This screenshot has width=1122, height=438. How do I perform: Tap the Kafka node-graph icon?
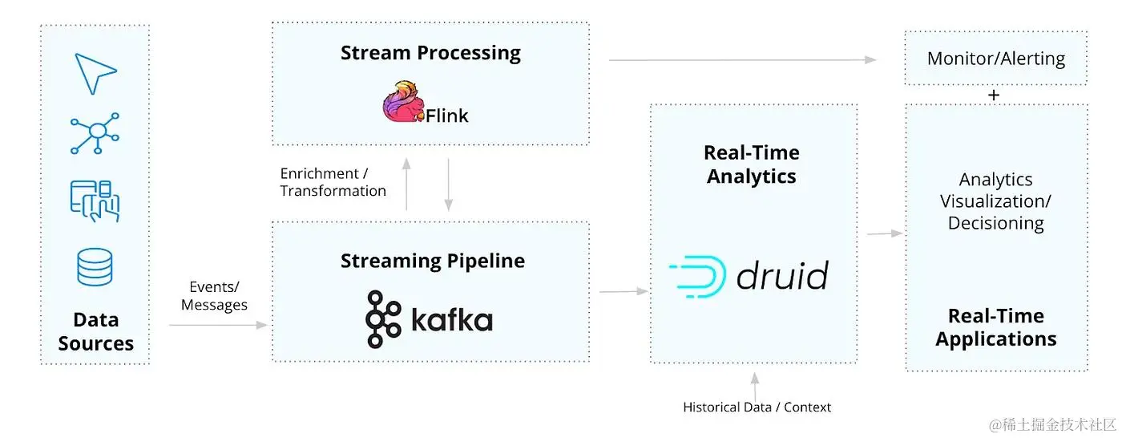click(x=383, y=319)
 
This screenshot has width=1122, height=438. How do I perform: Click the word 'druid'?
click(x=782, y=275)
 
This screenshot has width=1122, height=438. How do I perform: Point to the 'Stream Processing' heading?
click(x=430, y=53)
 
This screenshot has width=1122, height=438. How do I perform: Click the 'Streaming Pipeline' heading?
click(x=432, y=261)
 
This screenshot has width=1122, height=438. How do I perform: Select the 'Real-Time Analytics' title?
click(x=752, y=164)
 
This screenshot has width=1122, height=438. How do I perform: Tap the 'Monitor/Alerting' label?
click(x=995, y=59)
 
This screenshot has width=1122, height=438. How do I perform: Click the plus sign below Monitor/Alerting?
click(x=994, y=95)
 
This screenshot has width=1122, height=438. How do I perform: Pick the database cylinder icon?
click(x=95, y=266)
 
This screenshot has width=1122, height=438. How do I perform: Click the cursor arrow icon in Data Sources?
click(x=95, y=74)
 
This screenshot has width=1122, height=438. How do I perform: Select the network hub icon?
click(x=95, y=133)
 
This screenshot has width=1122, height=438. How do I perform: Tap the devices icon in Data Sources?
click(x=95, y=201)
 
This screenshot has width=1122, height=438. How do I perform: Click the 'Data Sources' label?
click(x=95, y=331)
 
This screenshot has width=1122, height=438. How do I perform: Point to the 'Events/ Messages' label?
click(x=214, y=296)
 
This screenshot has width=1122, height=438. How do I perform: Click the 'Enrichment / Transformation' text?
click(x=333, y=182)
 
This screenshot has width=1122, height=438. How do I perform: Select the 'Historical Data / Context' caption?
click(x=757, y=407)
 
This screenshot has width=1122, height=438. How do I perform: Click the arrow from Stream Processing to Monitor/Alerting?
click(x=742, y=60)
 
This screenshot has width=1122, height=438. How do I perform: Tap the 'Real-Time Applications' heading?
click(x=995, y=327)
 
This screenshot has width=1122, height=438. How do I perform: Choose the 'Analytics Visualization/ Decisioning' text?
click(x=995, y=201)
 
